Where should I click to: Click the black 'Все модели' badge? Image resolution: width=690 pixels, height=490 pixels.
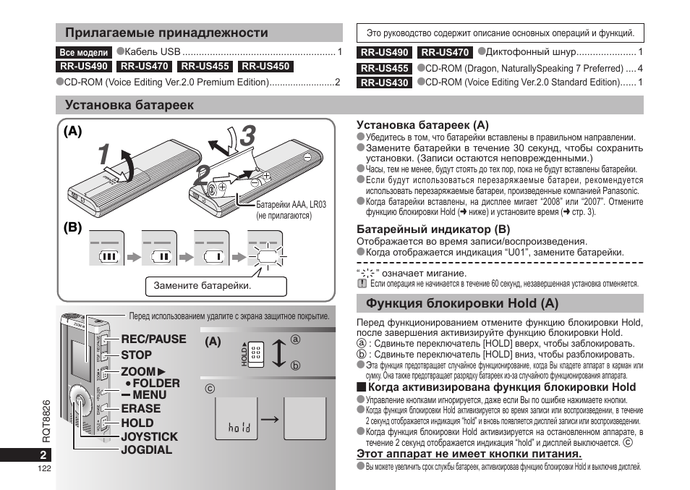pos(84,52)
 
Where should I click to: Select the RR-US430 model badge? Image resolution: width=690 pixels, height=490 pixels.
pos(384,83)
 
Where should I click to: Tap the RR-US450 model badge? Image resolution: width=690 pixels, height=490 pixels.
pos(265,67)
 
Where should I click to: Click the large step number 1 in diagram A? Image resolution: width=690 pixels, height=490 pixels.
pos(104,154)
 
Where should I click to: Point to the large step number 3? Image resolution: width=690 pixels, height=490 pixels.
pos(248,135)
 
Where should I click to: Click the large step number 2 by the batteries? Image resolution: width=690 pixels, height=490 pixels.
pos(202,176)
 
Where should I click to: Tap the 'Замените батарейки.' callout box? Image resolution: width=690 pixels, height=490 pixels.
pos(216,286)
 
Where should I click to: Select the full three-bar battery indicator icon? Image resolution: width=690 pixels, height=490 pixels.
pos(108,256)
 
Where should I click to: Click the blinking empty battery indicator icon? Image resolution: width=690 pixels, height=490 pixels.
pos(267,256)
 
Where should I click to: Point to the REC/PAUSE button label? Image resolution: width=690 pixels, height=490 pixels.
pos(153,339)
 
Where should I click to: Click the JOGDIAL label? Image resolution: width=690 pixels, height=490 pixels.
pos(147,450)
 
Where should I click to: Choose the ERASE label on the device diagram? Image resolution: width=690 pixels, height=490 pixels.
pos(141,408)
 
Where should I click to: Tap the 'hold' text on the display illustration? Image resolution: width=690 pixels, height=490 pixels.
pos(239,427)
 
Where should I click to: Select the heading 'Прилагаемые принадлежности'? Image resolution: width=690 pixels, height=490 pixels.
pos(166,33)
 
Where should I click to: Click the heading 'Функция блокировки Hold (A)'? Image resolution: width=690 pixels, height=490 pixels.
pos(462,303)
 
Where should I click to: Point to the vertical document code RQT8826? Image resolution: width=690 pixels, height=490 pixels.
pos(46,421)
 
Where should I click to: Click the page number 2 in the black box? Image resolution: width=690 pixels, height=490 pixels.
pos(43,455)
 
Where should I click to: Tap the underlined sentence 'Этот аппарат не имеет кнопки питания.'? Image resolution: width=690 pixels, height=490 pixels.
pos(469,454)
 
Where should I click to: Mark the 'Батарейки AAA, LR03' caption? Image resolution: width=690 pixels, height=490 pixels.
pos(291,205)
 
